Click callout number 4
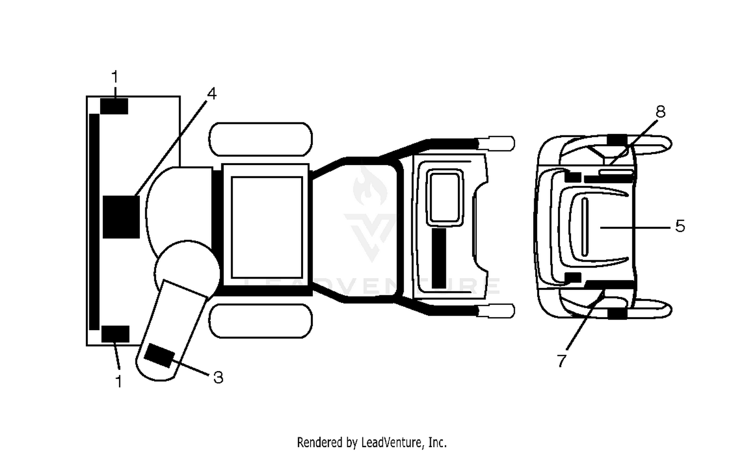tap(212, 94)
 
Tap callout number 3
tap(218, 378)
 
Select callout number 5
tap(680, 226)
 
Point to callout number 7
tap(561, 361)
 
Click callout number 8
tap(661, 112)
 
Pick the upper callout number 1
tap(115, 77)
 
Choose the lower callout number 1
tap(119, 382)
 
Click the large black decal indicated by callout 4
tap(121, 217)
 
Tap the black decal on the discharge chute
tap(160, 356)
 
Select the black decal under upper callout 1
tap(114, 106)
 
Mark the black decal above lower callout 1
tap(115, 334)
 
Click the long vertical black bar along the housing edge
tap(94, 222)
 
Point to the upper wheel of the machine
tap(261, 139)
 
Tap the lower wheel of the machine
tap(261, 321)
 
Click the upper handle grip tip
tap(496, 143)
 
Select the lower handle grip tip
tap(496, 311)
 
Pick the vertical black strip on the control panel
tap(439, 258)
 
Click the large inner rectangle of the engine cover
tap(267, 227)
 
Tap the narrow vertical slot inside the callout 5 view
tap(585, 227)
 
